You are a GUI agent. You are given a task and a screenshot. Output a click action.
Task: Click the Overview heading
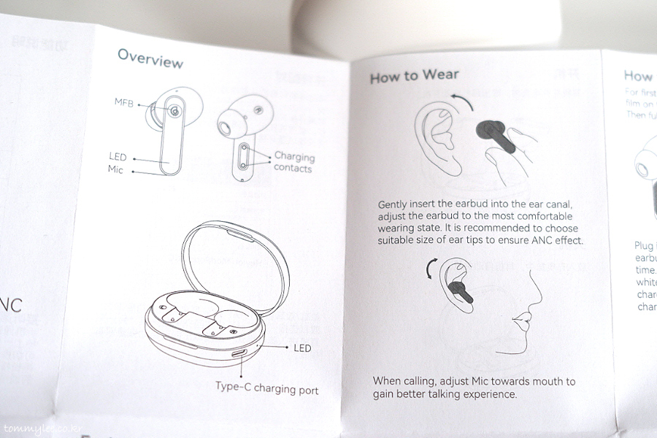tap(150, 58)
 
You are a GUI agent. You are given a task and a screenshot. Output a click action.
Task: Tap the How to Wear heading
tap(414, 76)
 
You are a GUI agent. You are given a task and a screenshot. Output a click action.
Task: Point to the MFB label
tap(123, 101)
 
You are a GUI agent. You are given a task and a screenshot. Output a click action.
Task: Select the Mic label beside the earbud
tap(115, 169)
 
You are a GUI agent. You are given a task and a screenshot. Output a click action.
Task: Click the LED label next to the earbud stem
tap(118, 157)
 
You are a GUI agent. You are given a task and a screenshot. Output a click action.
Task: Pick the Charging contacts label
tap(293, 162)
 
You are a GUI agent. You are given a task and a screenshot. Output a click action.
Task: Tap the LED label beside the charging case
tap(302, 348)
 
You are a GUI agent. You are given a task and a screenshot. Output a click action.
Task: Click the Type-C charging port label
tap(267, 388)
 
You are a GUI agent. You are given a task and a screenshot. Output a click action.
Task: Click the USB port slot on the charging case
tap(239, 353)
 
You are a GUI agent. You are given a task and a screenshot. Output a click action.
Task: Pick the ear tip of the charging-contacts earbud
tap(226, 128)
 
